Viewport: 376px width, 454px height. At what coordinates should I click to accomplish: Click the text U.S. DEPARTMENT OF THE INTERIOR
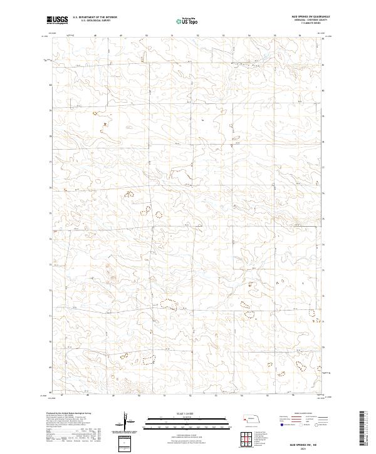click(x=94, y=18)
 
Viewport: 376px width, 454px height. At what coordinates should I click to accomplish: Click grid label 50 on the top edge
click(x=145, y=35)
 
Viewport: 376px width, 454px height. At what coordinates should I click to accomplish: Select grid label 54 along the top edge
click(x=249, y=35)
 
